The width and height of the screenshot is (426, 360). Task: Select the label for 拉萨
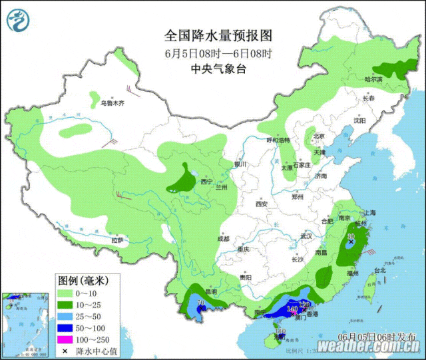(117, 240)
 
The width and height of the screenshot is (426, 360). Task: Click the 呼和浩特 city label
(278, 140)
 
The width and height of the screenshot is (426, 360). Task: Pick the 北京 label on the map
(318, 136)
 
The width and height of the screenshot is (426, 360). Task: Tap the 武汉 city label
(306, 236)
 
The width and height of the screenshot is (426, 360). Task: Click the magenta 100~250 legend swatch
(65, 340)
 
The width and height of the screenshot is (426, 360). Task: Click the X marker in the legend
(65, 351)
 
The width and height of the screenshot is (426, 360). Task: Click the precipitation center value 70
(200, 304)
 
